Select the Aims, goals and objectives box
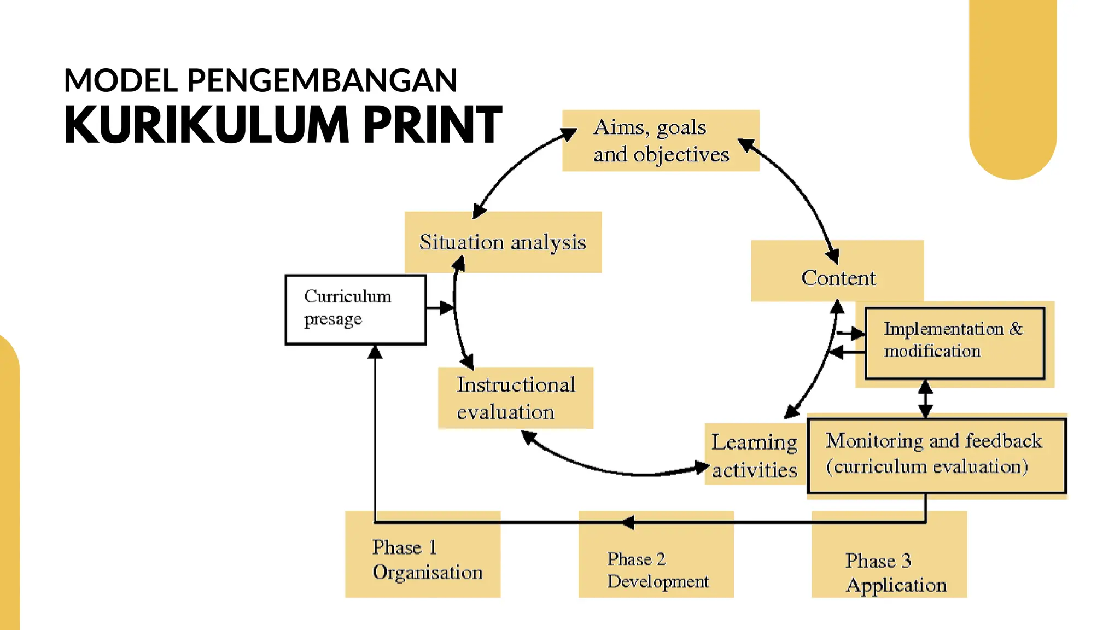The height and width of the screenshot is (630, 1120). pos(660,141)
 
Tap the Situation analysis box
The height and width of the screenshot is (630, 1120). pos(503,242)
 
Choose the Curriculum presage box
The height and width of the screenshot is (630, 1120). pos(355,309)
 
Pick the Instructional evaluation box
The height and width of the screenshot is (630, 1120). pos(515,398)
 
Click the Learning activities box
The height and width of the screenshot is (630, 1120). pos(754,455)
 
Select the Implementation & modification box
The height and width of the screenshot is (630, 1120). pos(954,343)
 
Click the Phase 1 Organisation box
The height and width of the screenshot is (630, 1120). pos(422,559)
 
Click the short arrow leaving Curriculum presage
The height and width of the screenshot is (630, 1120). pos(440,307)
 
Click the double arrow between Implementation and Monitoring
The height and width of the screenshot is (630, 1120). pos(925,399)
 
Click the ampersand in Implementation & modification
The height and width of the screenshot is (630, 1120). pos(1016,329)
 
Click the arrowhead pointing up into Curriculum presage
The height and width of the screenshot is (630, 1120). pos(375,352)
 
